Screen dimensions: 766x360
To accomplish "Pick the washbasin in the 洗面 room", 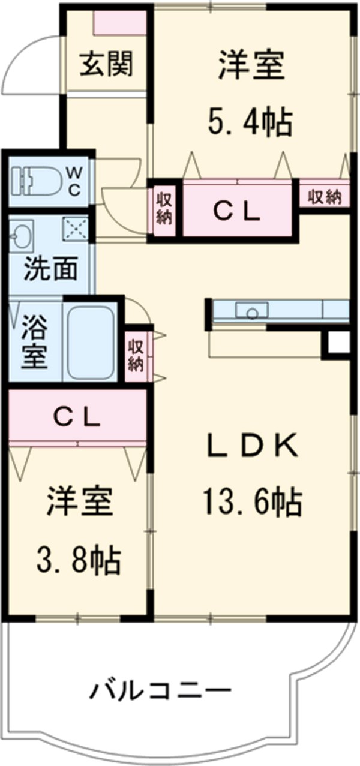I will point(22,236).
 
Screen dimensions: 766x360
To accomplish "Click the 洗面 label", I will point(50,270).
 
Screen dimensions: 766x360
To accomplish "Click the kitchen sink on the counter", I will point(252,311).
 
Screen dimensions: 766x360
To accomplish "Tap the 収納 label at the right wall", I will point(325,196).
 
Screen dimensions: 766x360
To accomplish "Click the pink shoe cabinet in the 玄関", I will point(121,23).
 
